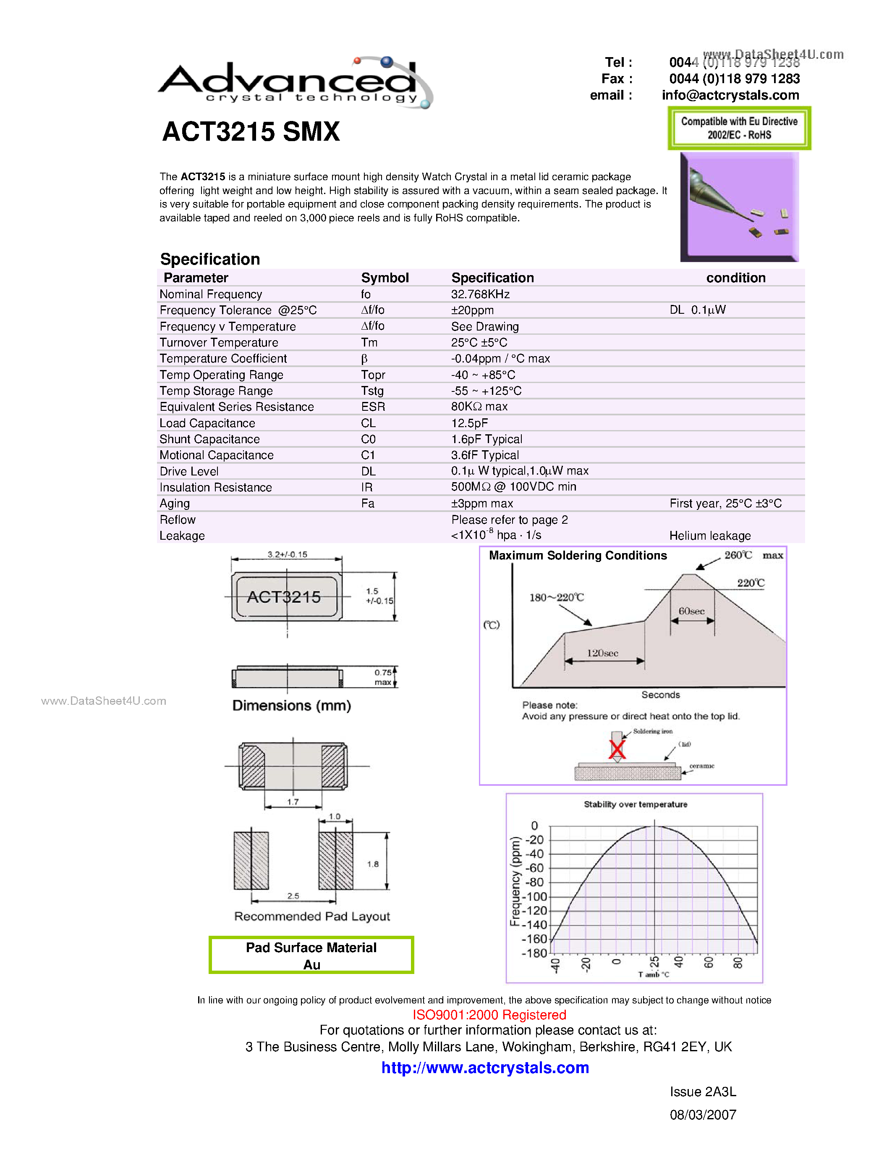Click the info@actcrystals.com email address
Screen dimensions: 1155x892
730,95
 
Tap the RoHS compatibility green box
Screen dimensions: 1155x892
739,128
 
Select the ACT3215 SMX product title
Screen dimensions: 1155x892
251,132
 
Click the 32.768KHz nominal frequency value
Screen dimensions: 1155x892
480,294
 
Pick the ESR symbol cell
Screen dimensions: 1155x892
373,407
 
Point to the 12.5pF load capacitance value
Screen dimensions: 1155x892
469,423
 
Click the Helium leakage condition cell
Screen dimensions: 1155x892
710,536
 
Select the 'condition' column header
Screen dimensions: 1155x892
735,278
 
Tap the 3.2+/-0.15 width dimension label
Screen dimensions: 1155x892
287,554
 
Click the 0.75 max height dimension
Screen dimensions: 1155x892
383,677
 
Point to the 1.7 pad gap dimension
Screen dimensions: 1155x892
293,802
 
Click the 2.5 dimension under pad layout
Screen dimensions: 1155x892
293,896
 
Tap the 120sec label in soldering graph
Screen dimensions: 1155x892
602,653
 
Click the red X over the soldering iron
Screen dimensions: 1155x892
617,749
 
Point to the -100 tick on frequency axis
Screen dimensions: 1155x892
535,896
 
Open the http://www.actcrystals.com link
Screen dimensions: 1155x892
485,1068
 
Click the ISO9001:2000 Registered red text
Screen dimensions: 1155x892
489,1015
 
